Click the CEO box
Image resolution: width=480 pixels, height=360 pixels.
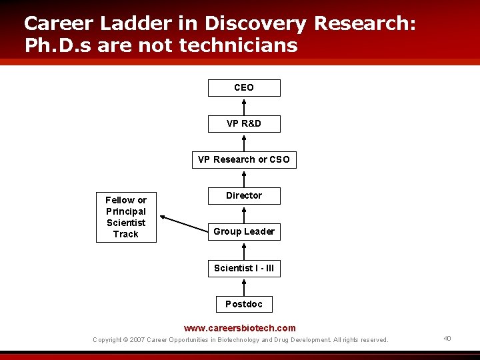244,88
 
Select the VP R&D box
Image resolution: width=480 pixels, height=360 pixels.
244,124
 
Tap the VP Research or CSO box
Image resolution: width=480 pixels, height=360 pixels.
244,160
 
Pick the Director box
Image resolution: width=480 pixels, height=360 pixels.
244,196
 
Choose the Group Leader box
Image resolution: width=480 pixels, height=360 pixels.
244,232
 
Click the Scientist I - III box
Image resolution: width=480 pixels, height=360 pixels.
244,269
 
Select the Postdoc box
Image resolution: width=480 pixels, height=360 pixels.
244,305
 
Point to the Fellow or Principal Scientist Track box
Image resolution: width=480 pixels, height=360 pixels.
126,217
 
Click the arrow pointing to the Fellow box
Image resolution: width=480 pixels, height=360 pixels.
185,224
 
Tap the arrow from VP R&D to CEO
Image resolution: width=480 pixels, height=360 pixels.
244,106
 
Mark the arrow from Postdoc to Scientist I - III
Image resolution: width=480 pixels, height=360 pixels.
244,287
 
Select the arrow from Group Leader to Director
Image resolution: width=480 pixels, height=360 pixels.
244,214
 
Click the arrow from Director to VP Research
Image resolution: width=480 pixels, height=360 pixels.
244,178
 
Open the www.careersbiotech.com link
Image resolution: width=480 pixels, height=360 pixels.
240,328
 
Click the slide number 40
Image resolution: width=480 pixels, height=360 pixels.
447,339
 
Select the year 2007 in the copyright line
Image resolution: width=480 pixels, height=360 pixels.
137,340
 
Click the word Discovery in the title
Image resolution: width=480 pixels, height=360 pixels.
256,23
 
